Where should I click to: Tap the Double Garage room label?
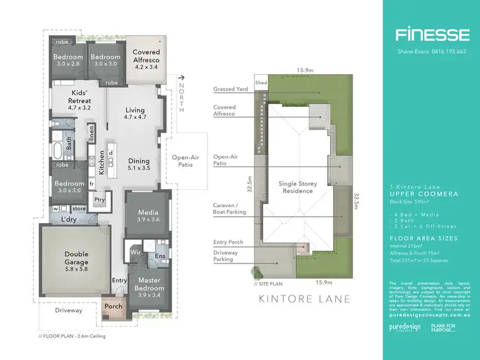76,258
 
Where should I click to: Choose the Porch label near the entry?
113,306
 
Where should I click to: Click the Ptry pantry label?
99,199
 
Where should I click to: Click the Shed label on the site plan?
260,82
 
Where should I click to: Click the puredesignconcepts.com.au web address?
426,315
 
